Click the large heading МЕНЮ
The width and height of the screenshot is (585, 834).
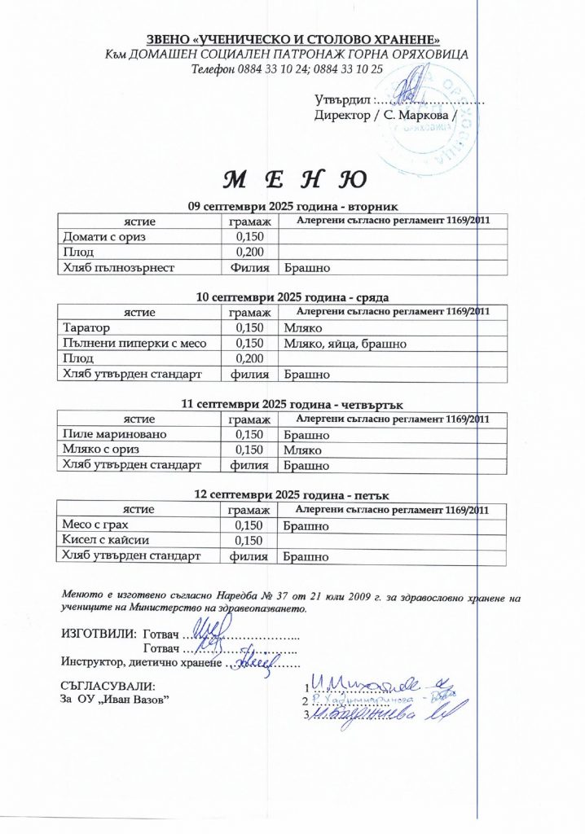click(x=292, y=178)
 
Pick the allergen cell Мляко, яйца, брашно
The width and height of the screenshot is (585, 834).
click(x=345, y=344)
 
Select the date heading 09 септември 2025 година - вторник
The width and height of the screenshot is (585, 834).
click(x=292, y=206)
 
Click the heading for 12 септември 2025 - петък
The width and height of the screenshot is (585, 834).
click(x=292, y=495)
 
